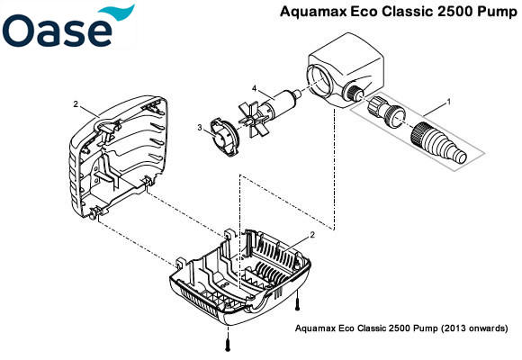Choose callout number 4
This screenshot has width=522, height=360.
click(256, 87)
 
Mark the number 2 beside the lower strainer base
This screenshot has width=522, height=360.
click(311, 235)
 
